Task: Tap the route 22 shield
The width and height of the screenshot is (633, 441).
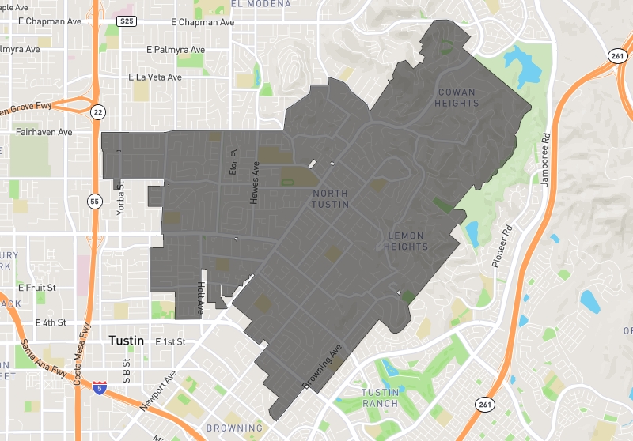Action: point(97,111)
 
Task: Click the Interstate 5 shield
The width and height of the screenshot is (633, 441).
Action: point(98,387)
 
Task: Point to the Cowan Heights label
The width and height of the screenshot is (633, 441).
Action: point(457,97)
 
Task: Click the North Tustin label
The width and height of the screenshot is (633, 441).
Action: point(330,200)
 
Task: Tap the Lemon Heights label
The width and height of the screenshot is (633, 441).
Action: point(407,241)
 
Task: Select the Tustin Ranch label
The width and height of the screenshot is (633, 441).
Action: point(380,398)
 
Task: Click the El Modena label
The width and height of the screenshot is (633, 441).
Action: point(257,4)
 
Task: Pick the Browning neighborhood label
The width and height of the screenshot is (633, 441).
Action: point(234,428)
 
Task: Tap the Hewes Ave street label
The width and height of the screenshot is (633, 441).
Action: point(255,183)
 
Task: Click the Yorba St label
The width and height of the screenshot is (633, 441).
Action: point(121,195)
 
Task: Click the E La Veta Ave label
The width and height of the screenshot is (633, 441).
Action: point(155,77)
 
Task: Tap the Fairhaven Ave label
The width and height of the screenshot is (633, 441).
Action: point(44,133)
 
